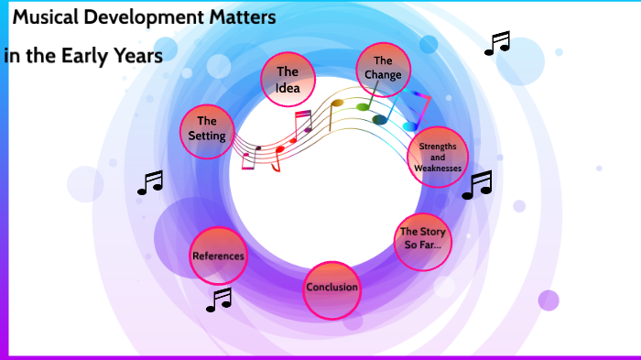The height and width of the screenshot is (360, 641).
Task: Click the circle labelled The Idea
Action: tap(288, 79)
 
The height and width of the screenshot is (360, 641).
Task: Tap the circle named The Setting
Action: tap(207, 129)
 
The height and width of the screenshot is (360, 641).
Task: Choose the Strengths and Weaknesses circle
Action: tap(438, 157)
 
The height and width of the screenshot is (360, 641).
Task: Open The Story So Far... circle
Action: tap(422, 239)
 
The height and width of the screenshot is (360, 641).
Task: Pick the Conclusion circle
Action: tap(331, 289)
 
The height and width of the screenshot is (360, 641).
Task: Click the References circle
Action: tap(219, 256)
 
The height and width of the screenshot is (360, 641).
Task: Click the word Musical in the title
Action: tap(47, 18)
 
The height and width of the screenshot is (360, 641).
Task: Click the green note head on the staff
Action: tap(363, 106)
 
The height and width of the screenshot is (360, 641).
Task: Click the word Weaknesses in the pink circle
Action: tap(438, 169)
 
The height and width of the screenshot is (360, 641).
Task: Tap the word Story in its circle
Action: tap(432, 233)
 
